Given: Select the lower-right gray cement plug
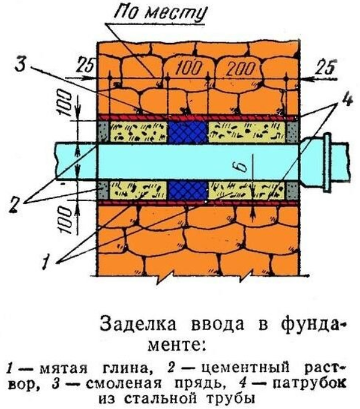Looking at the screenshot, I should tap(292, 191).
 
